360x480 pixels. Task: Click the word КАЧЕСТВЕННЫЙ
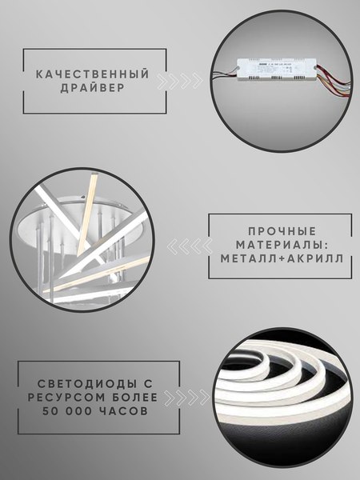[93, 74]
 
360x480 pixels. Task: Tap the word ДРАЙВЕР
[93, 89]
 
